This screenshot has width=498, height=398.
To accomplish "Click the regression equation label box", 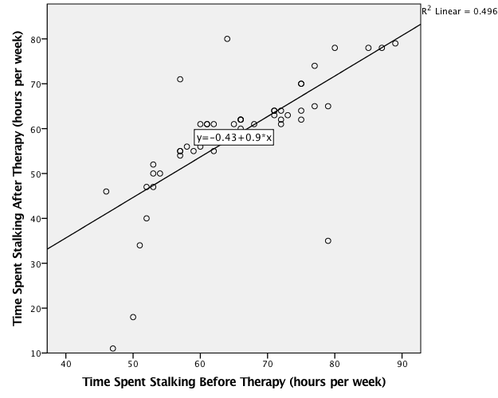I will click(234, 138).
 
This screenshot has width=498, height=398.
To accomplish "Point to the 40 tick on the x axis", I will click(65, 353).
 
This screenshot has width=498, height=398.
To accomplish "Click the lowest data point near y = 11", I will click(112, 349).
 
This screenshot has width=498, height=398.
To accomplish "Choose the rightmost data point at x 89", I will click(395, 43).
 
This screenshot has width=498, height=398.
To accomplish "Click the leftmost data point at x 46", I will click(106, 192).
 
